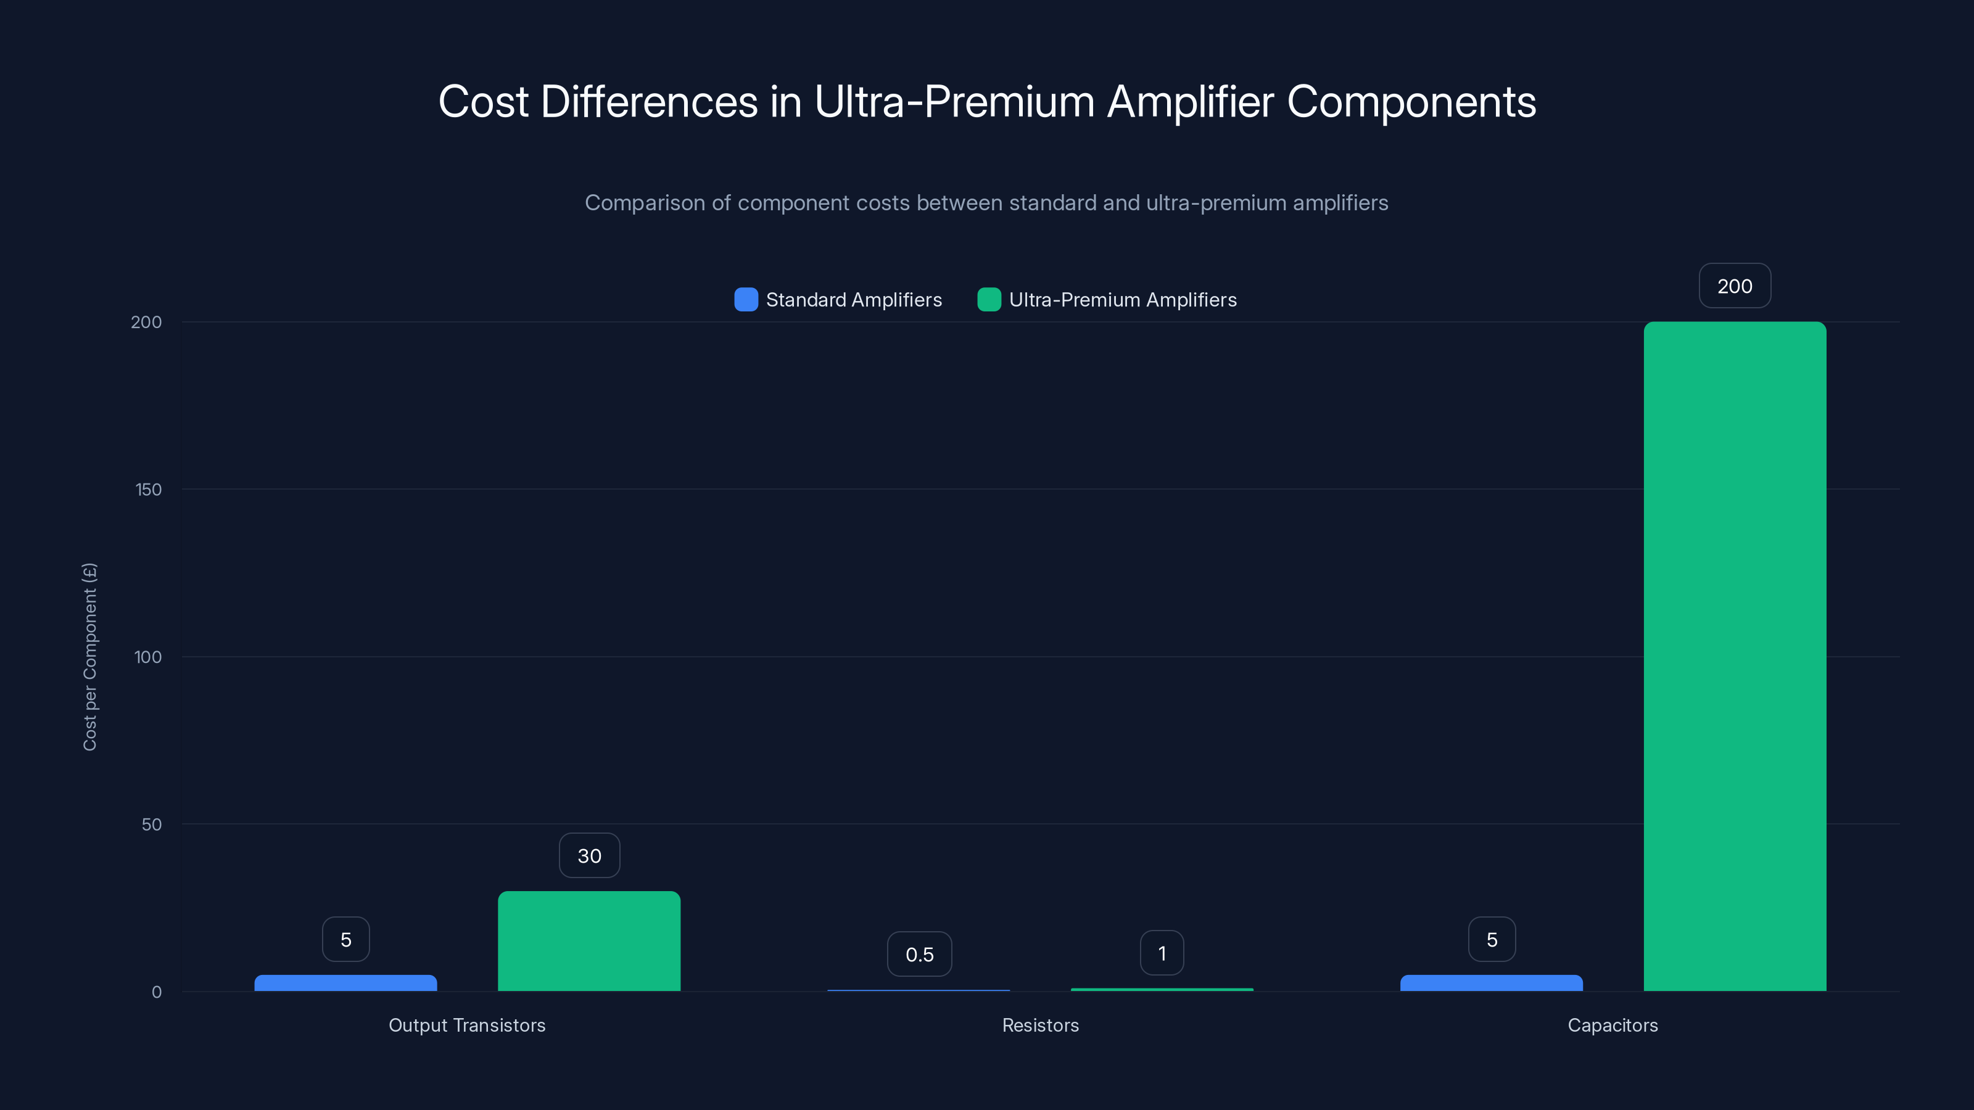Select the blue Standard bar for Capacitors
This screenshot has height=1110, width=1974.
tap(1491, 983)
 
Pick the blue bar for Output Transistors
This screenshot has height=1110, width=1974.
tap(345, 983)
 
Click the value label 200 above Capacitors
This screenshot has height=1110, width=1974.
tap(1734, 286)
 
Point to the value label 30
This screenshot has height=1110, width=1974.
tap(588, 856)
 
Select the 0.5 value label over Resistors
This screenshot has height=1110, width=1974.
tap(919, 955)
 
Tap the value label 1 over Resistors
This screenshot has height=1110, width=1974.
tap(1162, 953)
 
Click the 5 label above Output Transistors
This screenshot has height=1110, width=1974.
tap(345, 939)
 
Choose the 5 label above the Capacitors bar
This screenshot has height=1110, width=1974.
tap(1491, 939)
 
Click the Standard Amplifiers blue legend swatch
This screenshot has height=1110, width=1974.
tap(746, 300)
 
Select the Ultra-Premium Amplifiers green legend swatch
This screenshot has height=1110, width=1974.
tap(988, 300)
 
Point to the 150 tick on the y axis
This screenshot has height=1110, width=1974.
tap(149, 490)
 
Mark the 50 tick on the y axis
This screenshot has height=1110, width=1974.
tap(152, 824)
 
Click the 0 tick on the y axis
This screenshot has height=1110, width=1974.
tap(156, 992)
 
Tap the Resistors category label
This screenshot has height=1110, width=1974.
tap(1040, 1025)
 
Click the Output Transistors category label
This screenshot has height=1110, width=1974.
tap(467, 1025)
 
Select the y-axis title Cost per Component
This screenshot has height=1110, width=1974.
tap(89, 657)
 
